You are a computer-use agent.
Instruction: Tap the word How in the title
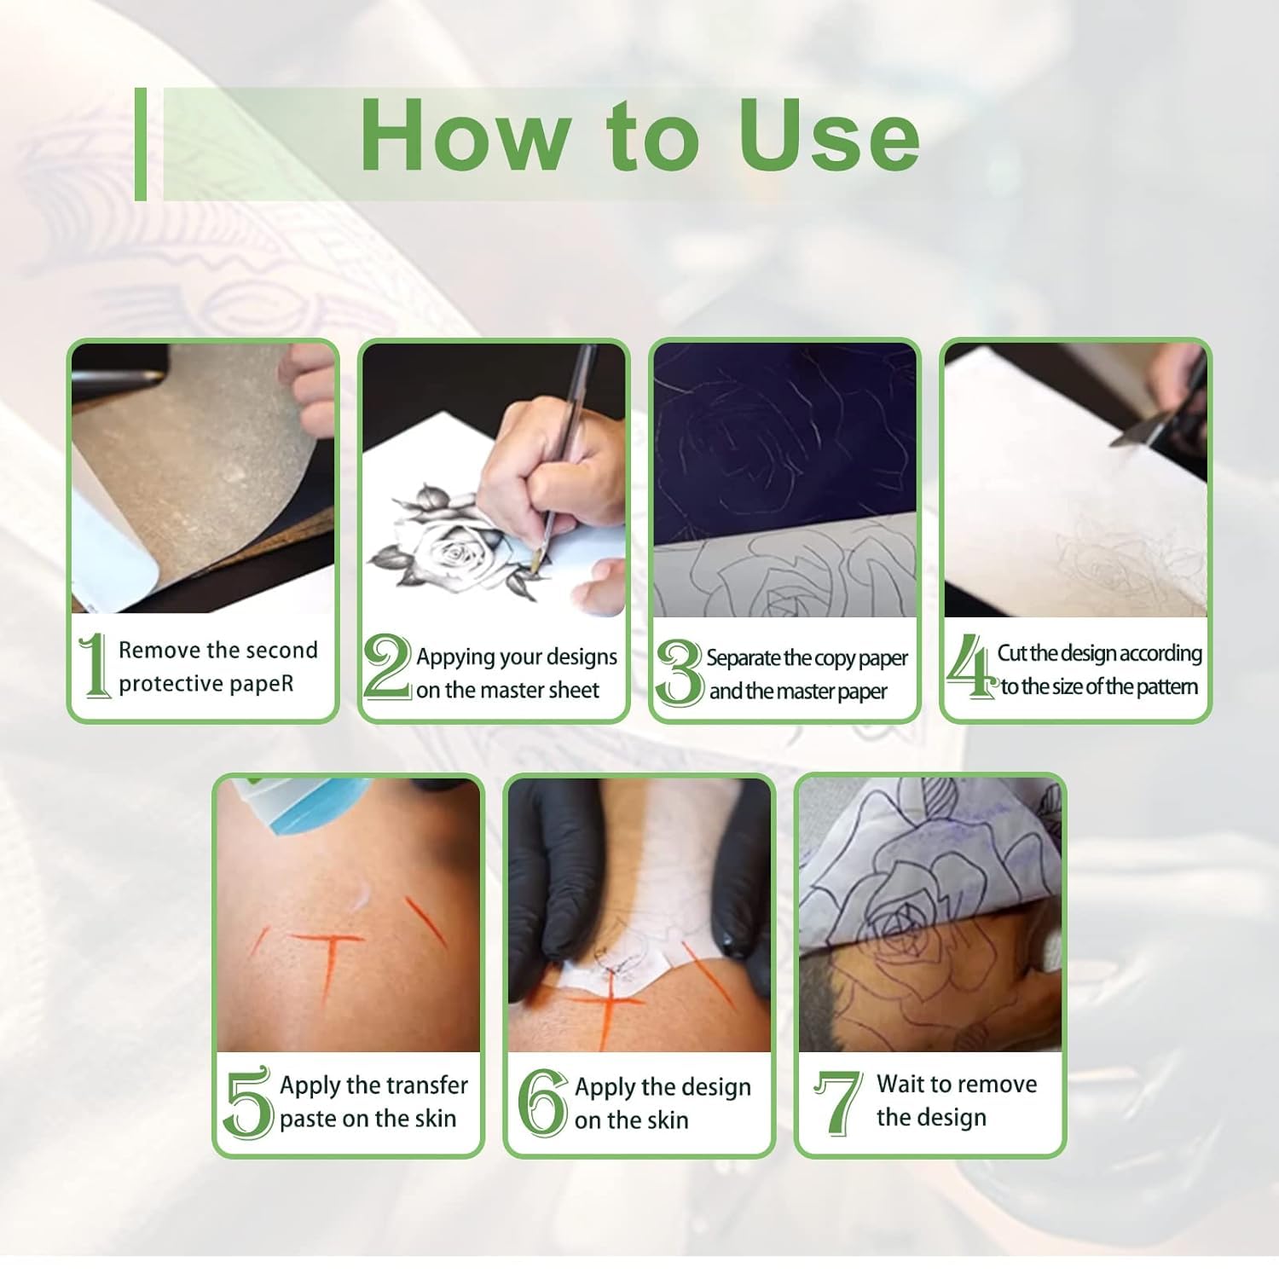point(466,136)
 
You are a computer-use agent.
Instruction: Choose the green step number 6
point(542,1103)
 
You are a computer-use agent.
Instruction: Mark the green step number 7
point(837,1102)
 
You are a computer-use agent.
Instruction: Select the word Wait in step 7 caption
point(900,1084)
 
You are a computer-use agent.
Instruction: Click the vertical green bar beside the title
point(141,144)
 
